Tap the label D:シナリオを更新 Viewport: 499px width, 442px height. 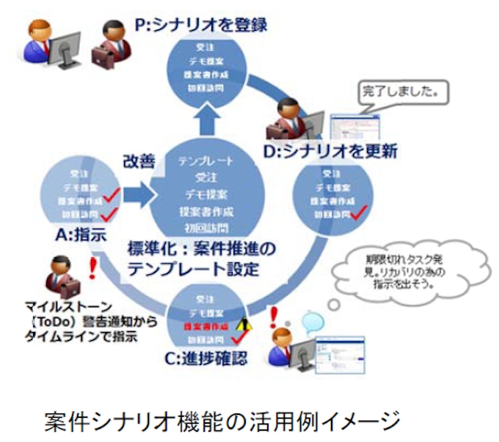pos(331,152)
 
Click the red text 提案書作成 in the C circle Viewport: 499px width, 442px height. pos(205,325)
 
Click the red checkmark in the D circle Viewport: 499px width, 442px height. pos(358,215)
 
